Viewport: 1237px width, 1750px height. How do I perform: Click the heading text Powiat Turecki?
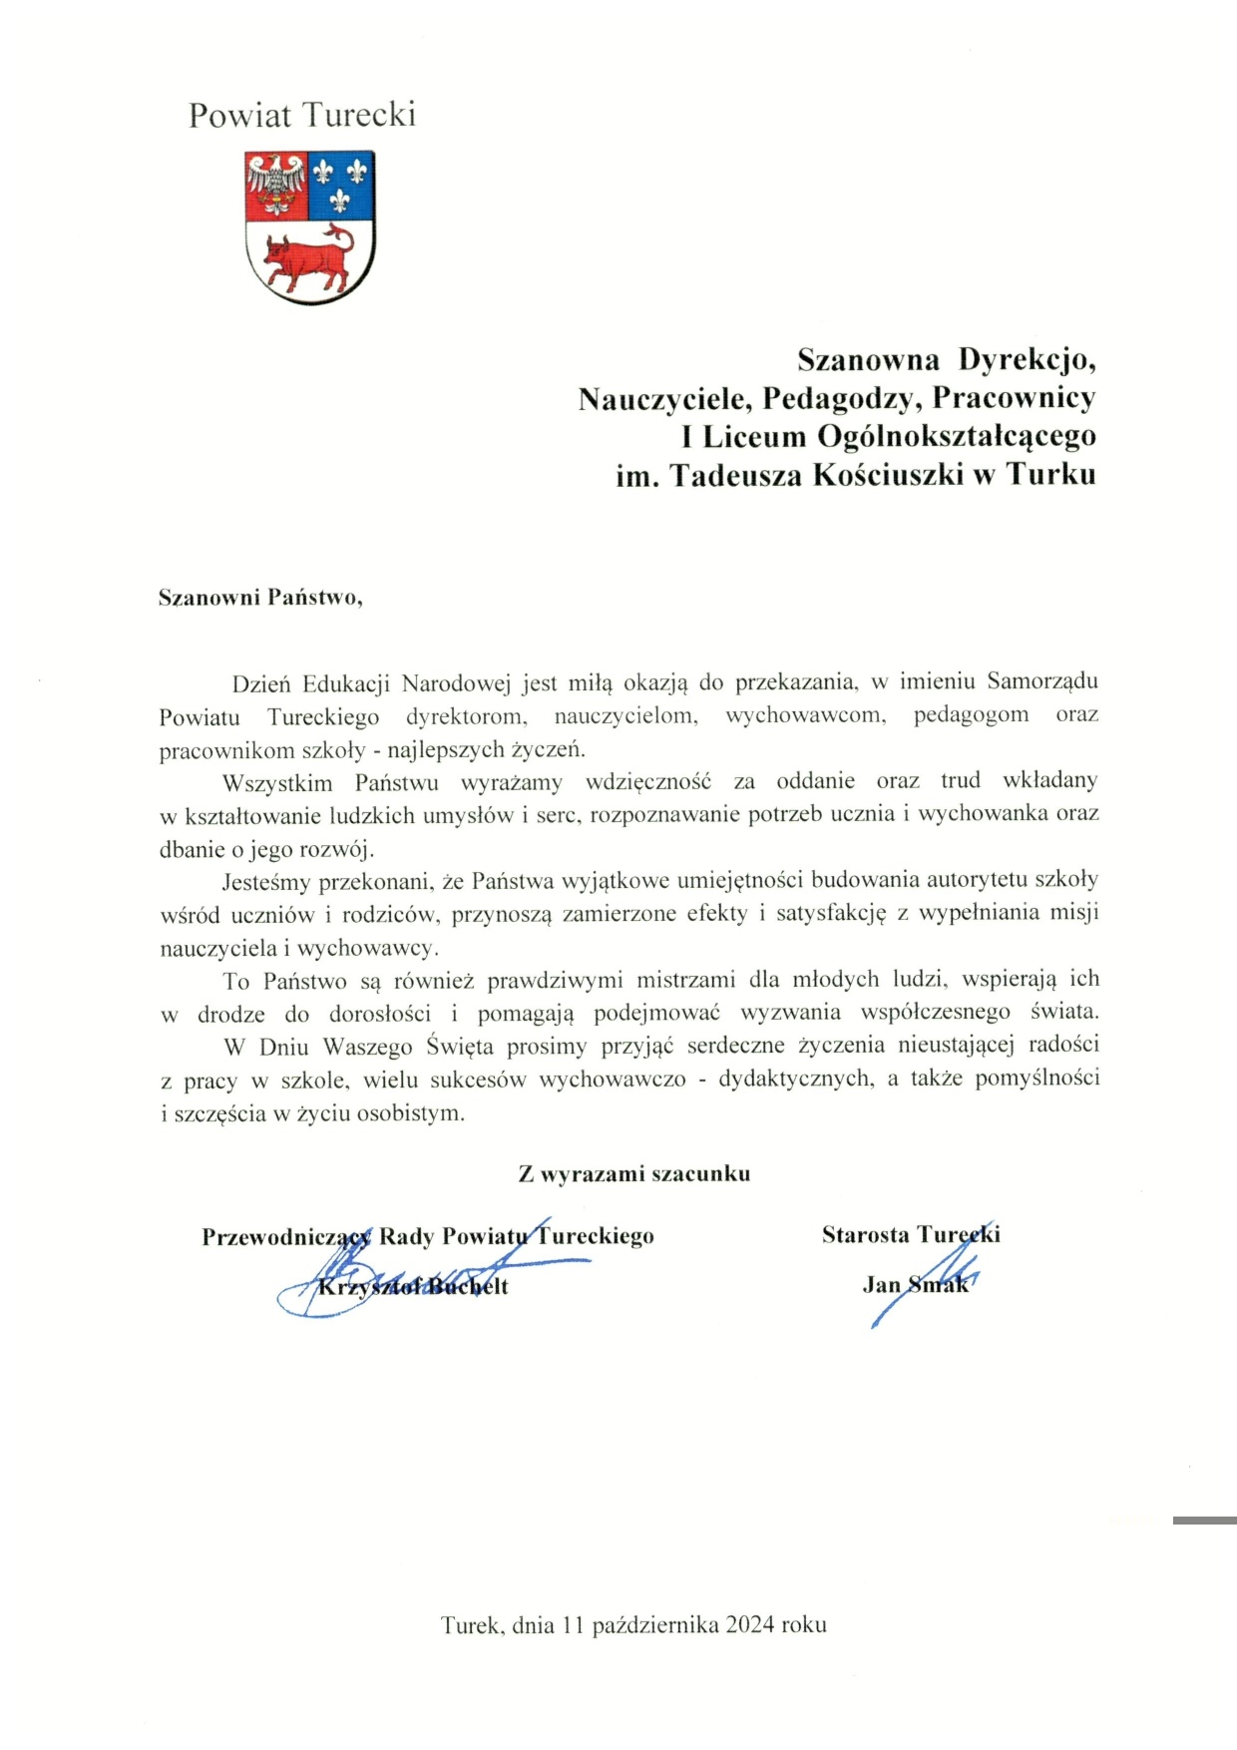click(x=301, y=116)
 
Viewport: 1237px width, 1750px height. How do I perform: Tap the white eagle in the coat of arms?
click(x=276, y=184)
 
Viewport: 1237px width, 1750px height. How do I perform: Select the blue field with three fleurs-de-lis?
click(x=340, y=186)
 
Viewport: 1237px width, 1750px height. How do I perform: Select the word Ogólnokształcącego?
click(x=957, y=437)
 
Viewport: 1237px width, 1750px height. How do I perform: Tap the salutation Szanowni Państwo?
click(x=260, y=599)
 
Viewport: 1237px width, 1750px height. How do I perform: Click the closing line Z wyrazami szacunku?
click(x=633, y=1174)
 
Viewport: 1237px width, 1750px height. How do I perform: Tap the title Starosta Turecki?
click(x=911, y=1235)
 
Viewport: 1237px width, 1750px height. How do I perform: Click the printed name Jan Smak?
click(x=915, y=1285)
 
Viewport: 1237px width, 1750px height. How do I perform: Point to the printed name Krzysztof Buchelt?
click(x=413, y=1287)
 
